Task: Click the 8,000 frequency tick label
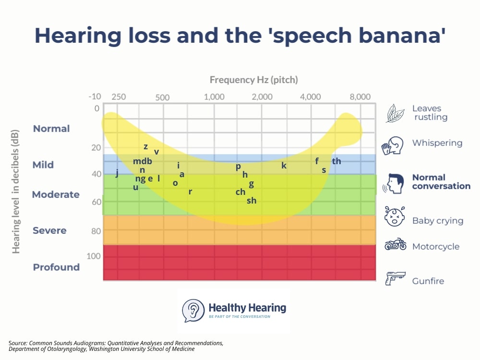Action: click(360, 96)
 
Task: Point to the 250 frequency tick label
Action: click(119, 96)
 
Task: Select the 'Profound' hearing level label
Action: click(56, 267)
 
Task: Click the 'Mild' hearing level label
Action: click(43, 165)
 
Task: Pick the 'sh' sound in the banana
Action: click(252, 201)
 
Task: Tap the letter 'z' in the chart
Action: click(145, 146)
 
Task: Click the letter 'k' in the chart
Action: click(284, 166)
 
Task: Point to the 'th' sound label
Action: click(336, 161)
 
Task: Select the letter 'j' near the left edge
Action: click(117, 173)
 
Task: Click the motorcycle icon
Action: click(395, 245)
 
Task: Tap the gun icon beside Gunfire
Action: click(395, 278)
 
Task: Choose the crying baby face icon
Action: click(395, 216)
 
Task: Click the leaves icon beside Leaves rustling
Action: click(396, 113)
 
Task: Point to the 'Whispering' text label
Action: click(437, 143)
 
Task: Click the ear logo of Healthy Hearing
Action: click(193, 310)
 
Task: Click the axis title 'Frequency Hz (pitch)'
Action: click(254, 80)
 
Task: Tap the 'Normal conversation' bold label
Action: click(441, 181)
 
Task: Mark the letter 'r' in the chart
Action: click(190, 192)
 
